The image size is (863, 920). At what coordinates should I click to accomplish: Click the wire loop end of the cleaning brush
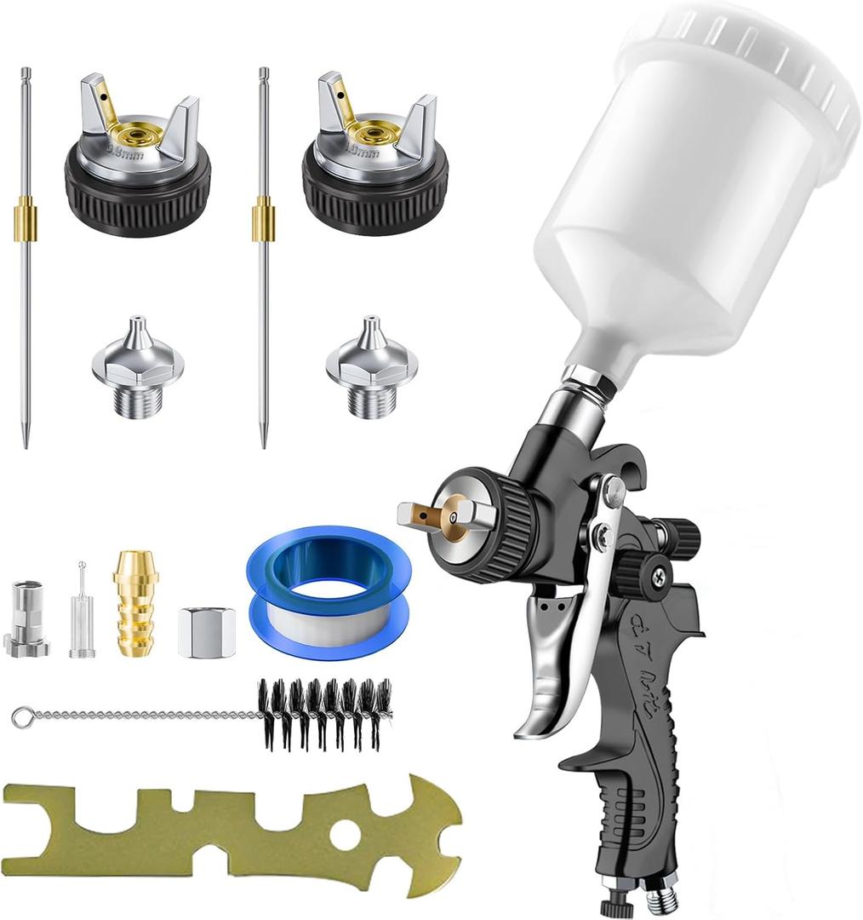point(20,718)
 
